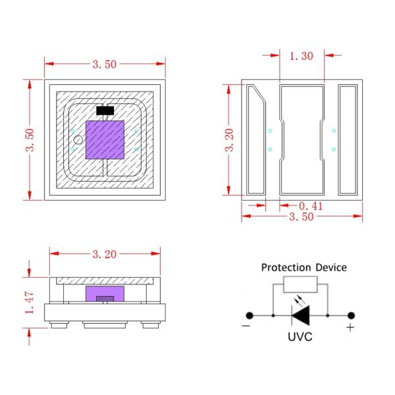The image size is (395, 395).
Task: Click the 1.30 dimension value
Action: [302, 57]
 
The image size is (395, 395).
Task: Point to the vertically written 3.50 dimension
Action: [29, 139]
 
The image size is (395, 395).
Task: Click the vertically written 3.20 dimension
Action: [229, 140]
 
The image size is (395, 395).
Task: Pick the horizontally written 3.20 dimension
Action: [105, 252]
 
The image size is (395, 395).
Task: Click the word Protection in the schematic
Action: [288, 267]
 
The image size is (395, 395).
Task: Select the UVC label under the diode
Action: [300, 337]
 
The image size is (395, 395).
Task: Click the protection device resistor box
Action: [300, 285]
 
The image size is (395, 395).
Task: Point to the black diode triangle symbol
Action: [301, 315]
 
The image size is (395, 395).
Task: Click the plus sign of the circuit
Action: [350, 327]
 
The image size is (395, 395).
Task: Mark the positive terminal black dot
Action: [351, 315]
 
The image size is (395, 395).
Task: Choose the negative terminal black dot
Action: [251, 315]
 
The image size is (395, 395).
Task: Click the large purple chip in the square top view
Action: [105, 140]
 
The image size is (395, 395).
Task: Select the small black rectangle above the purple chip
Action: [105, 110]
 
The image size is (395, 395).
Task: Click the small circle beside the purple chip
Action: [78, 140]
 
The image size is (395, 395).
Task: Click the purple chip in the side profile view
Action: [105, 294]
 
